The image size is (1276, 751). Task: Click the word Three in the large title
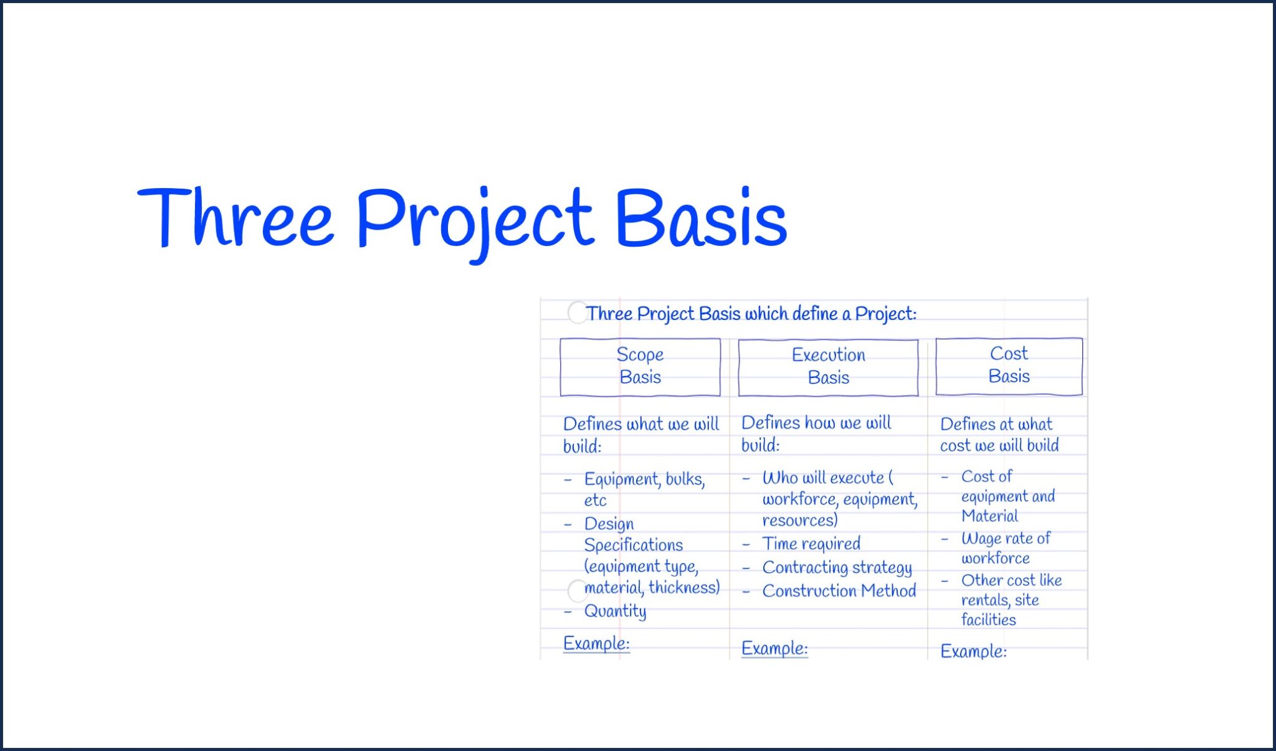pyautogui.click(x=236, y=218)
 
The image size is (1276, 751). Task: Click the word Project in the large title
pyautogui.click(x=474, y=221)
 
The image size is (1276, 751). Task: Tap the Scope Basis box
pyautogui.click(x=640, y=367)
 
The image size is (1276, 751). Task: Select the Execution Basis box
pyautogui.click(x=828, y=367)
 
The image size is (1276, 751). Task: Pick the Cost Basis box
pyautogui.click(x=1009, y=366)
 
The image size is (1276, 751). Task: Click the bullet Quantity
pyautogui.click(x=615, y=611)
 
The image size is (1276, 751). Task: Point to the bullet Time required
pyautogui.click(x=811, y=544)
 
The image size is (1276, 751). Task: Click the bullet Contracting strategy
pyautogui.click(x=837, y=567)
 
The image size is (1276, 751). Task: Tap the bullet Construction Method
pyautogui.click(x=839, y=590)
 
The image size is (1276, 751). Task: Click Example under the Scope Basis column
pyautogui.click(x=596, y=643)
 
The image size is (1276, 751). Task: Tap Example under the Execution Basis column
pyautogui.click(x=774, y=648)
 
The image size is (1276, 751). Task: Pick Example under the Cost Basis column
pyautogui.click(x=973, y=651)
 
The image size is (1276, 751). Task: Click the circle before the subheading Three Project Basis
pyautogui.click(x=577, y=313)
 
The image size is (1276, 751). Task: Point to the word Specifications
pyautogui.click(x=633, y=545)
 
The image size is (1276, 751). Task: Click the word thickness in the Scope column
pyautogui.click(x=683, y=587)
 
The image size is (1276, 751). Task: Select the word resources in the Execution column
pyautogui.click(x=799, y=520)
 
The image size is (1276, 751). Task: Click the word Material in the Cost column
pyautogui.click(x=989, y=516)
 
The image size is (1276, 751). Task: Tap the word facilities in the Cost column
pyautogui.click(x=988, y=620)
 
